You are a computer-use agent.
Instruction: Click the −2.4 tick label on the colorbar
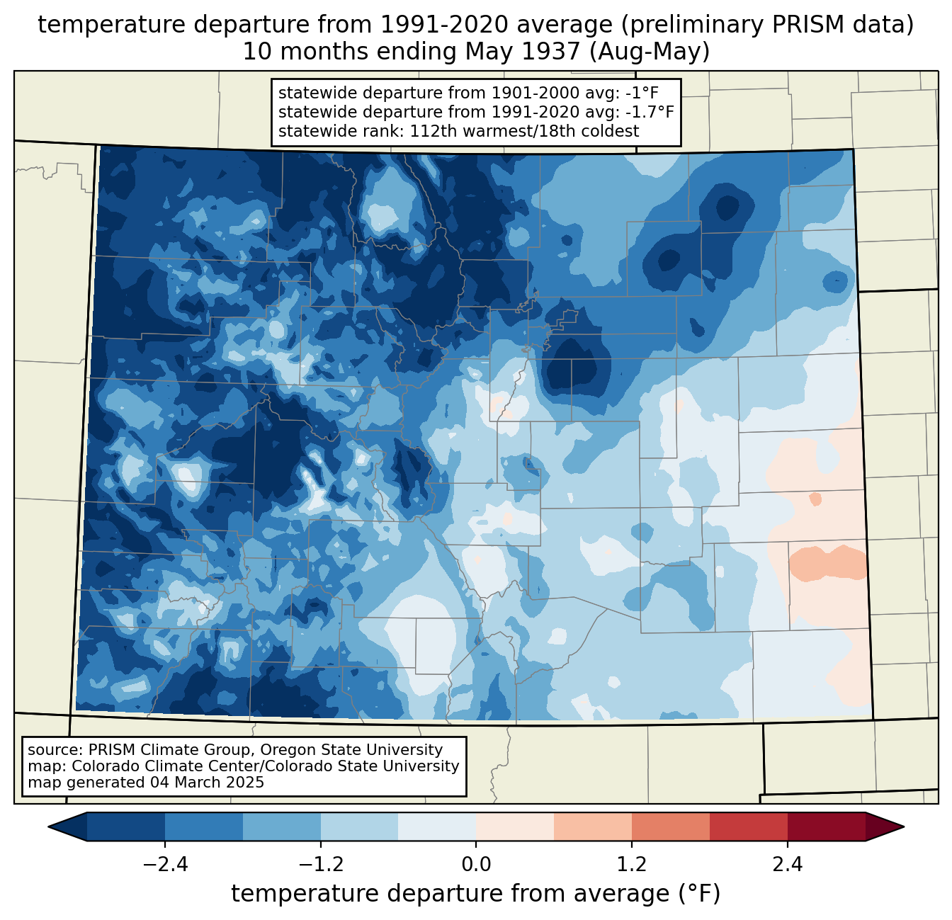[x=165, y=865]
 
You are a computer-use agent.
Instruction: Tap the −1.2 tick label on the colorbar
[x=321, y=865]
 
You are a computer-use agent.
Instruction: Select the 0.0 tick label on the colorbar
[x=476, y=865]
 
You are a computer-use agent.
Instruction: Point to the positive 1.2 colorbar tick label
[x=632, y=865]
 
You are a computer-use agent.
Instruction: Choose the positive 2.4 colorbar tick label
[x=788, y=865]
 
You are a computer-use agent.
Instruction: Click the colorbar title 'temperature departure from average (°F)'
[x=476, y=894]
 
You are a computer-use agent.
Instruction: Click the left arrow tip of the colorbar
[x=48, y=827]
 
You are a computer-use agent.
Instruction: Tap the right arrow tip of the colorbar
[x=904, y=827]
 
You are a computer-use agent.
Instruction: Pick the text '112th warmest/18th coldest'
[x=524, y=131]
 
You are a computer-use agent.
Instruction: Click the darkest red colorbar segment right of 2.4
[x=827, y=827]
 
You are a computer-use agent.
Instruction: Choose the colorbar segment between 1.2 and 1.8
[x=671, y=827]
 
